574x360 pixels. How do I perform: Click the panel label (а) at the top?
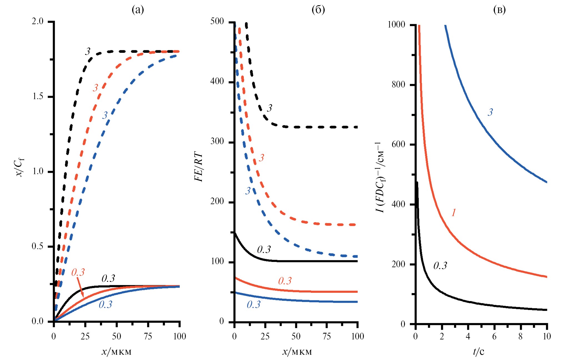point(138,10)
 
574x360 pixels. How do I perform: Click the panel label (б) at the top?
point(318,10)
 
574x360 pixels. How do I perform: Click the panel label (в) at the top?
point(499,10)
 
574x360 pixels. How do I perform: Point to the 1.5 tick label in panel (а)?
point(38,96)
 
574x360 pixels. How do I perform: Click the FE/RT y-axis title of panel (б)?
point(199,167)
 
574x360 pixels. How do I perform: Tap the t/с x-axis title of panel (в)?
point(478,352)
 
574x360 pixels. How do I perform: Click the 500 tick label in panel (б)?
point(217,21)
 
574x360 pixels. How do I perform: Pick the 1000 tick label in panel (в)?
point(396,25)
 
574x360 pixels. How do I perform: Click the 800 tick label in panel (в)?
point(398,84)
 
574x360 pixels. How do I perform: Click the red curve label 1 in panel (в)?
point(453,213)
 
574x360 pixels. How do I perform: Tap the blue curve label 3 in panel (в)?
point(490,112)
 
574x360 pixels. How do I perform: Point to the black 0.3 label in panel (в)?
point(440,266)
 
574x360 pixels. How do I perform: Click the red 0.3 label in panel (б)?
point(285,281)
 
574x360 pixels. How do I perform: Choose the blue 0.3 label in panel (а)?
point(105,305)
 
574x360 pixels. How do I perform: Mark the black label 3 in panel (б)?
point(269,108)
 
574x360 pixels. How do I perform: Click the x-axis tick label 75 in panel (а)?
point(148,337)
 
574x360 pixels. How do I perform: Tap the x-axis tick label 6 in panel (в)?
point(494,337)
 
